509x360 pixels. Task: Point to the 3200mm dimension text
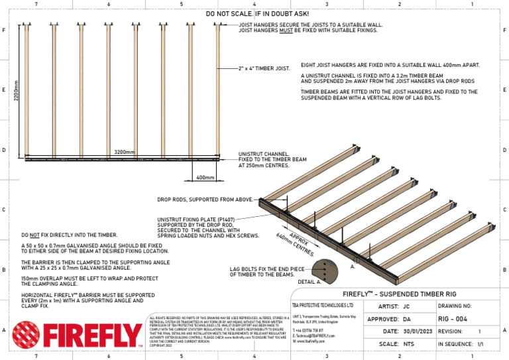point(124,152)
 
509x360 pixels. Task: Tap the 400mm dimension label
point(205,178)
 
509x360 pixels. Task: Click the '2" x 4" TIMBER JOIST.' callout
point(264,68)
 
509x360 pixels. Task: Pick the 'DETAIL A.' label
point(310,282)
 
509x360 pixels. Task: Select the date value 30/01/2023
point(422,331)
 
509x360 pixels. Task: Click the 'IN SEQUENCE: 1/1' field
point(467,344)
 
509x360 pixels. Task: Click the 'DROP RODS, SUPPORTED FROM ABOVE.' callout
point(205,199)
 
